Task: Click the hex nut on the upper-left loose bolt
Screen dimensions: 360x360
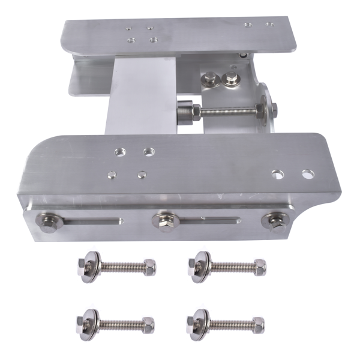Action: coord(149,265)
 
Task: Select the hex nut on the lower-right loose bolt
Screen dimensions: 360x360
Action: coord(257,324)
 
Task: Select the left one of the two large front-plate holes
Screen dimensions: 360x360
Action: coord(277,174)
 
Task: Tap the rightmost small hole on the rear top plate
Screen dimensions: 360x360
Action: coord(269,25)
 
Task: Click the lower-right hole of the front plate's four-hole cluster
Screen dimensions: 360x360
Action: coord(142,175)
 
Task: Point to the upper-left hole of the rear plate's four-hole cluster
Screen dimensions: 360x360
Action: coord(129,27)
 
